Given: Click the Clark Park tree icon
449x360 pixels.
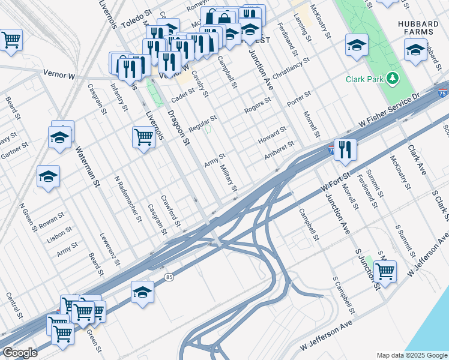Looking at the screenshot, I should [393, 78].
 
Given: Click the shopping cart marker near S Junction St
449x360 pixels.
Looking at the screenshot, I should [385, 271].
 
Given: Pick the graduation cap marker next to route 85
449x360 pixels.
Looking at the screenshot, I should [142, 292].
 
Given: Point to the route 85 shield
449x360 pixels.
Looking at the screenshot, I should [170, 277].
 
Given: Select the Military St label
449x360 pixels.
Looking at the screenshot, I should [229, 179].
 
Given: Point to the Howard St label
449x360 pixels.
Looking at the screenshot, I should [273, 134].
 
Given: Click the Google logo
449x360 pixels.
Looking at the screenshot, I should [20, 353].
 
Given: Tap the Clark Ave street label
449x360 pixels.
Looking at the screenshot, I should [416, 160].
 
